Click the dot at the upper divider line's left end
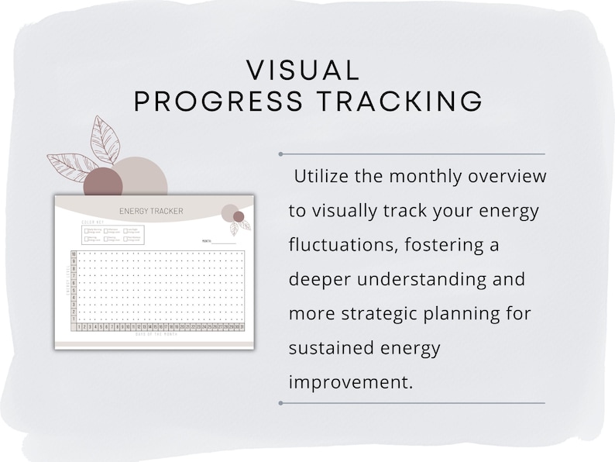[280, 153]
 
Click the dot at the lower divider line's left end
[280, 403]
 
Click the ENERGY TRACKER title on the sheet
[146, 211]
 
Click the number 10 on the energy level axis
[74, 254]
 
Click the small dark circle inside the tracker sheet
[239, 216]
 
